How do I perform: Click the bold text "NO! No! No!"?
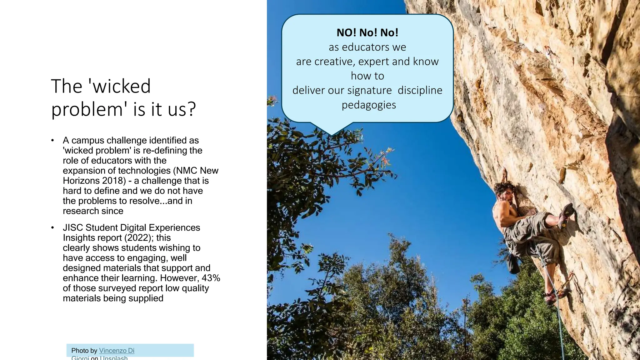pos(367,32)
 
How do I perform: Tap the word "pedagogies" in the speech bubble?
pos(369,105)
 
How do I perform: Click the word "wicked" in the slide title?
pos(122,86)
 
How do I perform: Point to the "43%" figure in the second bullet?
pos(211,278)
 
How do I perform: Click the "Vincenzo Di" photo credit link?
pos(117,351)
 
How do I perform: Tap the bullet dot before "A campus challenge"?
pos(53,140)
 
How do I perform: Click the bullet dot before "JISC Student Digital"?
pos(53,227)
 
